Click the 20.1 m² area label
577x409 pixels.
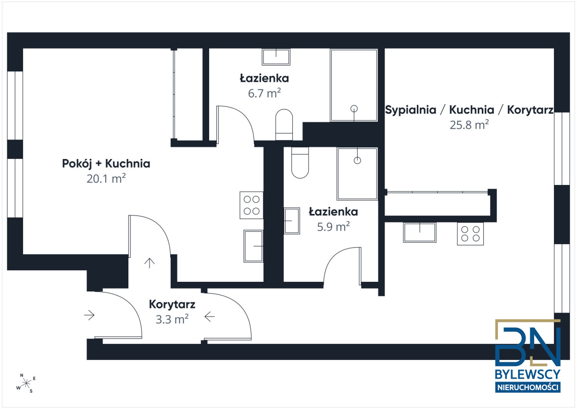pyautogui.click(x=106, y=179)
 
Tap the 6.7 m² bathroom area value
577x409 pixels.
pyautogui.click(x=264, y=93)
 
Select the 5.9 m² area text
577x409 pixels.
pyautogui.click(x=333, y=226)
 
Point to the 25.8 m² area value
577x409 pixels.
pyautogui.click(x=469, y=125)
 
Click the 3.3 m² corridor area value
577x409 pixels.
pyautogui.click(x=172, y=319)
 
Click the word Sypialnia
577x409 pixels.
pyautogui.click(x=411, y=110)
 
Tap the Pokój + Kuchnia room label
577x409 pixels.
pyautogui.click(x=106, y=164)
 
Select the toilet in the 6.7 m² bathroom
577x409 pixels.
pyautogui.click(x=284, y=125)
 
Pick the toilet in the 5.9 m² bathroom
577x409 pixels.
pyautogui.click(x=300, y=163)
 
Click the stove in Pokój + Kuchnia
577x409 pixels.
pyautogui.click(x=251, y=205)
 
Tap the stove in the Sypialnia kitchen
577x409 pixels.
pyautogui.click(x=470, y=234)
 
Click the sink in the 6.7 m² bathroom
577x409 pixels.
pyautogui.click(x=276, y=57)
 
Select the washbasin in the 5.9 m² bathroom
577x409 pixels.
pyautogui.click(x=292, y=221)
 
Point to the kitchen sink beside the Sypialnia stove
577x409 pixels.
pyautogui.click(x=420, y=233)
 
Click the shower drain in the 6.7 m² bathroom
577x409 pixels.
pyautogui.click(x=354, y=109)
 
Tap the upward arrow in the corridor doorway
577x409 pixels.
pyautogui.click(x=150, y=263)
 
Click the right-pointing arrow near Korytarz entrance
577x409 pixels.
pyautogui.click(x=89, y=315)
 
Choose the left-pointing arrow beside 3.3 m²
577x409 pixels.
pyautogui.click(x=210, y=317)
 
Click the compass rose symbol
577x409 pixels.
pyautogui.click(x=26, y=383)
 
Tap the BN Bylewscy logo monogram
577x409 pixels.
pyautogui.click(x=528, y=343)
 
